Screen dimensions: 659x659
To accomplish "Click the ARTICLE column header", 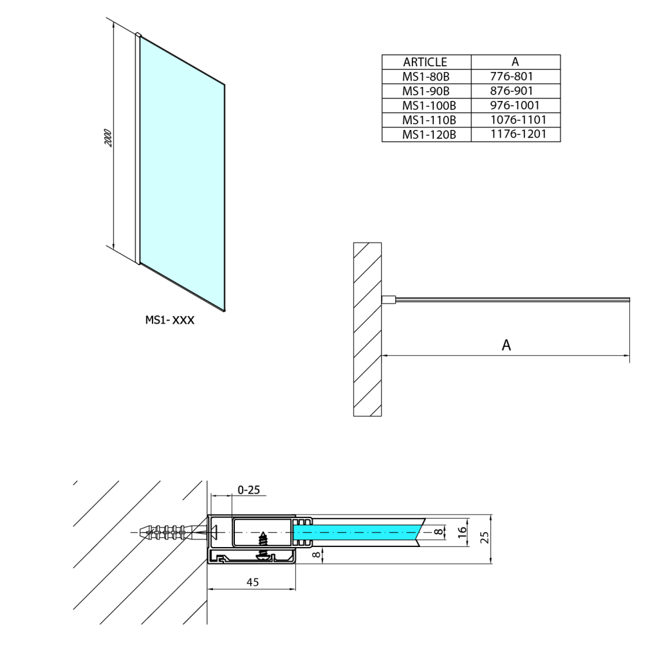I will click(x=425, y=62).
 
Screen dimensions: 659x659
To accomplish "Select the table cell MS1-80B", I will click(x=425, y=77).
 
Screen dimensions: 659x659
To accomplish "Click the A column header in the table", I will click(x=515, y=62).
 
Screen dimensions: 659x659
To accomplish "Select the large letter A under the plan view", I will click(x=506, y=346).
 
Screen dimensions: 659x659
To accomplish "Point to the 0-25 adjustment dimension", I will click(x=249, y=490).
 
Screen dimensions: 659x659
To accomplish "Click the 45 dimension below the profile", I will click(x=252, y=582).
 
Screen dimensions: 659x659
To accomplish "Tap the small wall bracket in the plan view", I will click(x=388, y=299).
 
